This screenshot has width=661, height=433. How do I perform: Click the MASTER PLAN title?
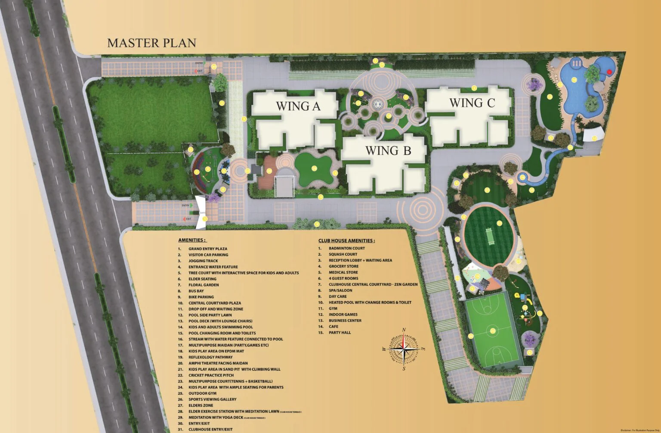point(151,43)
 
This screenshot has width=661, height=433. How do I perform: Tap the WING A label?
point(298,106)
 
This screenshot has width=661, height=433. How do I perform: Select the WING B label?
point(388,150)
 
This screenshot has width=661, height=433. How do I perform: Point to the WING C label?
point(472,103)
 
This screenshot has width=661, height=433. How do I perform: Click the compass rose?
point(404,349)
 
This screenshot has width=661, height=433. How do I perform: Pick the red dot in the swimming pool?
point(609,72)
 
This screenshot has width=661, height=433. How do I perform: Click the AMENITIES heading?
point(192,240)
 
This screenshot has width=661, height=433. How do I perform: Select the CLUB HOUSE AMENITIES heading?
point(346,241)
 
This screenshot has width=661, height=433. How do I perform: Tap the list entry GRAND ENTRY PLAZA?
point(207,249)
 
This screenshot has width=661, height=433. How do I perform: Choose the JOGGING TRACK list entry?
point(203,261)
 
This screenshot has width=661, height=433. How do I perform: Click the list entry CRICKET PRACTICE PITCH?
point(211,375)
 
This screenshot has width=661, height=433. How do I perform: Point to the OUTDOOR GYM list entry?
point(202,393)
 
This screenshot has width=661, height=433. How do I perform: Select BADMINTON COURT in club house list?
point(346,248)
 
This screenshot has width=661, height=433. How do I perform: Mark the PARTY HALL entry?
point(340,333)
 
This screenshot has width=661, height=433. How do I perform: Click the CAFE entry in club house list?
point(334,327)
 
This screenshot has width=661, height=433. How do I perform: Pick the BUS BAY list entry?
point(196,291)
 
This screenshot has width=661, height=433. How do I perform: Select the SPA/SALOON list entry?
point(340,290)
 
